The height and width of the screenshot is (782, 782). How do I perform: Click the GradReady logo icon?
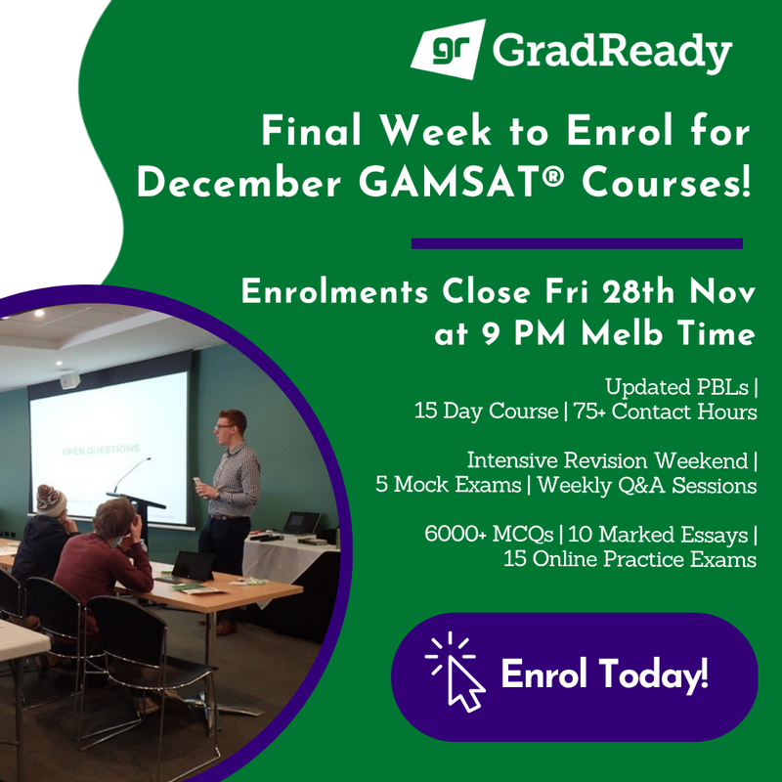(448, 47)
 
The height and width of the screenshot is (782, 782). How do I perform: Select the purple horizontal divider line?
(577, 243)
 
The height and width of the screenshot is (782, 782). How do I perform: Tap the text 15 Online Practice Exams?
(630, 559)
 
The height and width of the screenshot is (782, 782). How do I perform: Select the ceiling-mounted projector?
(69, 379)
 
